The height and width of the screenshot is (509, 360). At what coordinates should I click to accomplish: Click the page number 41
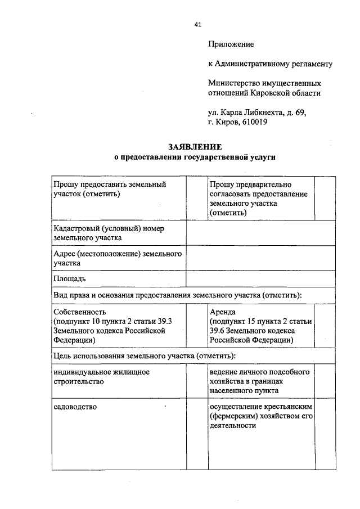click(x=197, y=24)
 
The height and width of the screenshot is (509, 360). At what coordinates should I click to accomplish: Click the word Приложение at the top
click(x=231, y=44)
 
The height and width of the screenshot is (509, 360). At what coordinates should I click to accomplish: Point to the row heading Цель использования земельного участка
click(x=144, y=356)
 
